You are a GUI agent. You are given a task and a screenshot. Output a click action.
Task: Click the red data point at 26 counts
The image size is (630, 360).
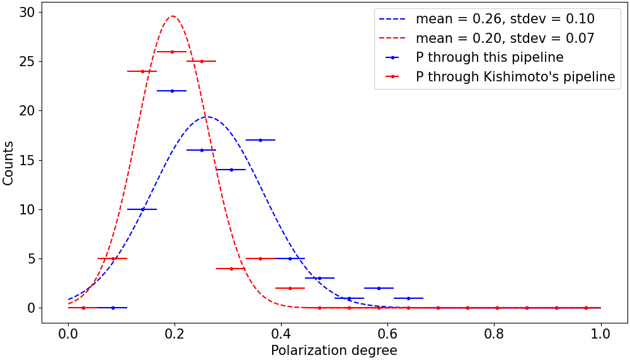(172, 52)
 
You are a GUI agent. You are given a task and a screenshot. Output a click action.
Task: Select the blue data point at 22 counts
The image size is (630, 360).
(172, 91)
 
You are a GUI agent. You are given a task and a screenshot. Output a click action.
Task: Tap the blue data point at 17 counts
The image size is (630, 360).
(260, 140)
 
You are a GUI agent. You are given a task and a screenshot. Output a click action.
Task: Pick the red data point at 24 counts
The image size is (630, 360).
(142, 71)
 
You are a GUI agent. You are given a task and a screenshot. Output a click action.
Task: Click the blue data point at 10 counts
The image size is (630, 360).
(142, 209)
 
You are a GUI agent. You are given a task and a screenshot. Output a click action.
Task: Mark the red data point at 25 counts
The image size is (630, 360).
(202, 61)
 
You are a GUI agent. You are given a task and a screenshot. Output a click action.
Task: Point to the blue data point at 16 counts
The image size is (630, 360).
(202, 150)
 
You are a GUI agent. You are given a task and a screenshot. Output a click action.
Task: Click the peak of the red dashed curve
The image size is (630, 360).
(172, 16)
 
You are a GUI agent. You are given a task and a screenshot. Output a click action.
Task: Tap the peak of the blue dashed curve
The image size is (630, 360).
(207, 117)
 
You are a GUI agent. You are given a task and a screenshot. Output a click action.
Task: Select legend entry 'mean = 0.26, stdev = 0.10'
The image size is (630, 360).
(505, 19)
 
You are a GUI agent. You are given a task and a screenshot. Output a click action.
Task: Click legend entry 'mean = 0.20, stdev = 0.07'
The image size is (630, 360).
(505, 38)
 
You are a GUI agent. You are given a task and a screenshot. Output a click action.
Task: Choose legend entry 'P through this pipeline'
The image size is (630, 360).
(490, 57)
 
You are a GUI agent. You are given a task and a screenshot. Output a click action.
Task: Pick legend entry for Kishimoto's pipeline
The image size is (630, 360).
(515, 77)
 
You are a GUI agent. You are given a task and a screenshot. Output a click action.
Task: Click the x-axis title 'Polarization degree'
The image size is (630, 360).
(334, 351)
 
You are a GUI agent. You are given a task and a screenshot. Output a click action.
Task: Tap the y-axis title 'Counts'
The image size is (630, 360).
(8, 163)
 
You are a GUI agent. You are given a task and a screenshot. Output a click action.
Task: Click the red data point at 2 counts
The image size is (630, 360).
(290, 288)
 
